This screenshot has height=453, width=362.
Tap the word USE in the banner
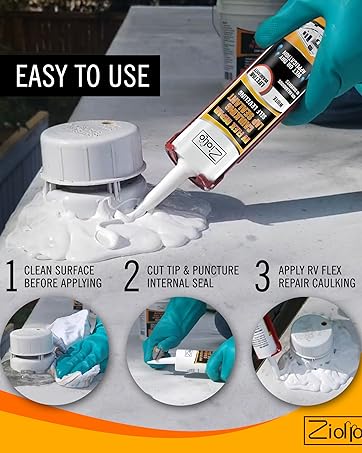pyautogui.click(x=124, y=74)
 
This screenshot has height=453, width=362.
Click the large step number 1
pyautogui.click(x=10, y=276)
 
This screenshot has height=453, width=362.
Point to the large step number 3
pyautogui.click(x=261, y=276)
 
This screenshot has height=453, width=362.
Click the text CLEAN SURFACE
pyautogui.click(x=61, y=268)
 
